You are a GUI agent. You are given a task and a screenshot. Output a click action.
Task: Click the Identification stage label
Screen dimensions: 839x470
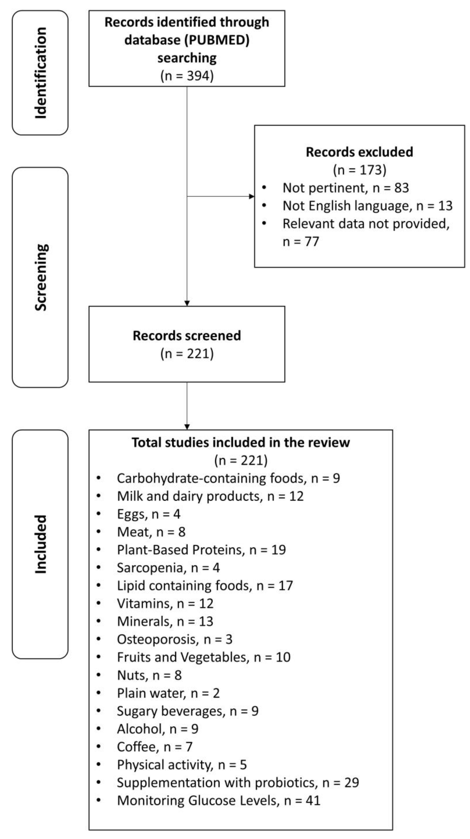[x=41, y=73]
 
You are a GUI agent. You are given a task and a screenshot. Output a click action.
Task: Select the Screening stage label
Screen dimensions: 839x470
[x=41, y=277]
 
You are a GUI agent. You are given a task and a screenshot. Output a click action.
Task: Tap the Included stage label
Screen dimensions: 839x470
[x=41, y=544]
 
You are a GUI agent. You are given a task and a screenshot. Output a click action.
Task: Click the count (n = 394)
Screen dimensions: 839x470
[x=187, y=76]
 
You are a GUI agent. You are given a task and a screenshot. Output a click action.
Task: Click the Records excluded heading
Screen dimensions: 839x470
[x=359, y=152]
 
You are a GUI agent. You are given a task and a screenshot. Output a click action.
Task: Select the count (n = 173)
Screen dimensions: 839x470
[x=359, y=170]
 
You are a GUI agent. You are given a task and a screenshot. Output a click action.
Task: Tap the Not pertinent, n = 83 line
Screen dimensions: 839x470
[x=346, y=188]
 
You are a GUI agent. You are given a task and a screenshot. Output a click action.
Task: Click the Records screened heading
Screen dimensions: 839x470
[x=187, y=335]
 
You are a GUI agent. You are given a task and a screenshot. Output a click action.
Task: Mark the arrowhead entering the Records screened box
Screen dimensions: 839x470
[x=187, y=303]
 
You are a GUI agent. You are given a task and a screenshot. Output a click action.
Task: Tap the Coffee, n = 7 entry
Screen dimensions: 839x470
[x=154, y=747]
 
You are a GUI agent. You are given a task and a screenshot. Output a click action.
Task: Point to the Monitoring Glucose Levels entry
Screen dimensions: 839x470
[x=218, y=800]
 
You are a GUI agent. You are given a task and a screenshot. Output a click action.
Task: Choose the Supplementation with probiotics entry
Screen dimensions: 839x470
[x=238, y=782]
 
